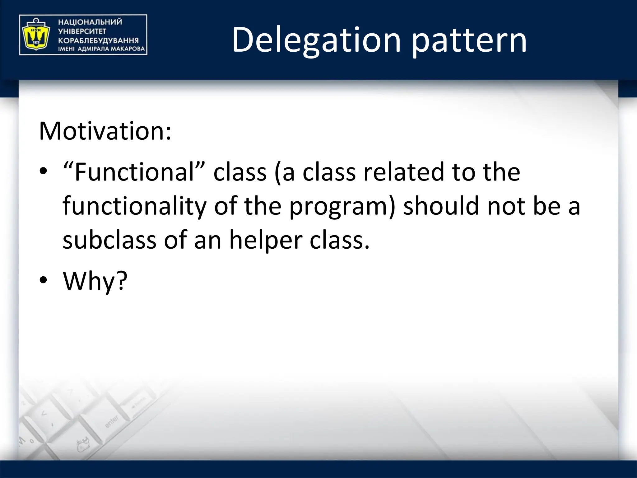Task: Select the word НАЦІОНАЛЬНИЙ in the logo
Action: [90, 22]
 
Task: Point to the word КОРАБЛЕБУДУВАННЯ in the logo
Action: [98, 40]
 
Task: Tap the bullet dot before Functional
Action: [43, 171]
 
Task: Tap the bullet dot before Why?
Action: [43, 280]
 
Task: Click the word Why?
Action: [95, 281]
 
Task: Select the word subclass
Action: [109, 240]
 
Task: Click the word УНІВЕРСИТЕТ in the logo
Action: [82, 31]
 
